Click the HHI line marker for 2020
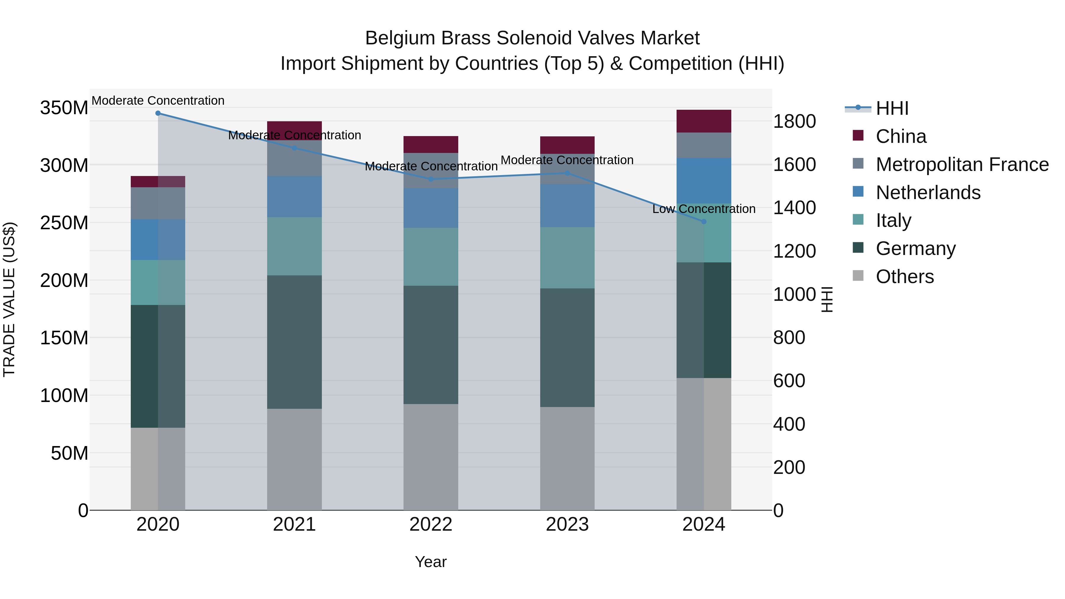click(158, 113)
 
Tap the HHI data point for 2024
click(704, 222)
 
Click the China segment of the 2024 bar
click(704, 121)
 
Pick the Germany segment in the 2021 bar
click(294, 342)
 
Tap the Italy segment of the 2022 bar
click(431, 257)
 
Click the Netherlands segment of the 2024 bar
click(704, 181)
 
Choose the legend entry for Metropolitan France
click(962, 164)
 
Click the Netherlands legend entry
click(928, 193)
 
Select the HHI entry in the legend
click(892, 108)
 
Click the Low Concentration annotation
click(704, 209)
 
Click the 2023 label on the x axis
click(567, 524)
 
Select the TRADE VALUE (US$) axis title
click(9, 299)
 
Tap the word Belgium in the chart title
click(400, 38)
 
